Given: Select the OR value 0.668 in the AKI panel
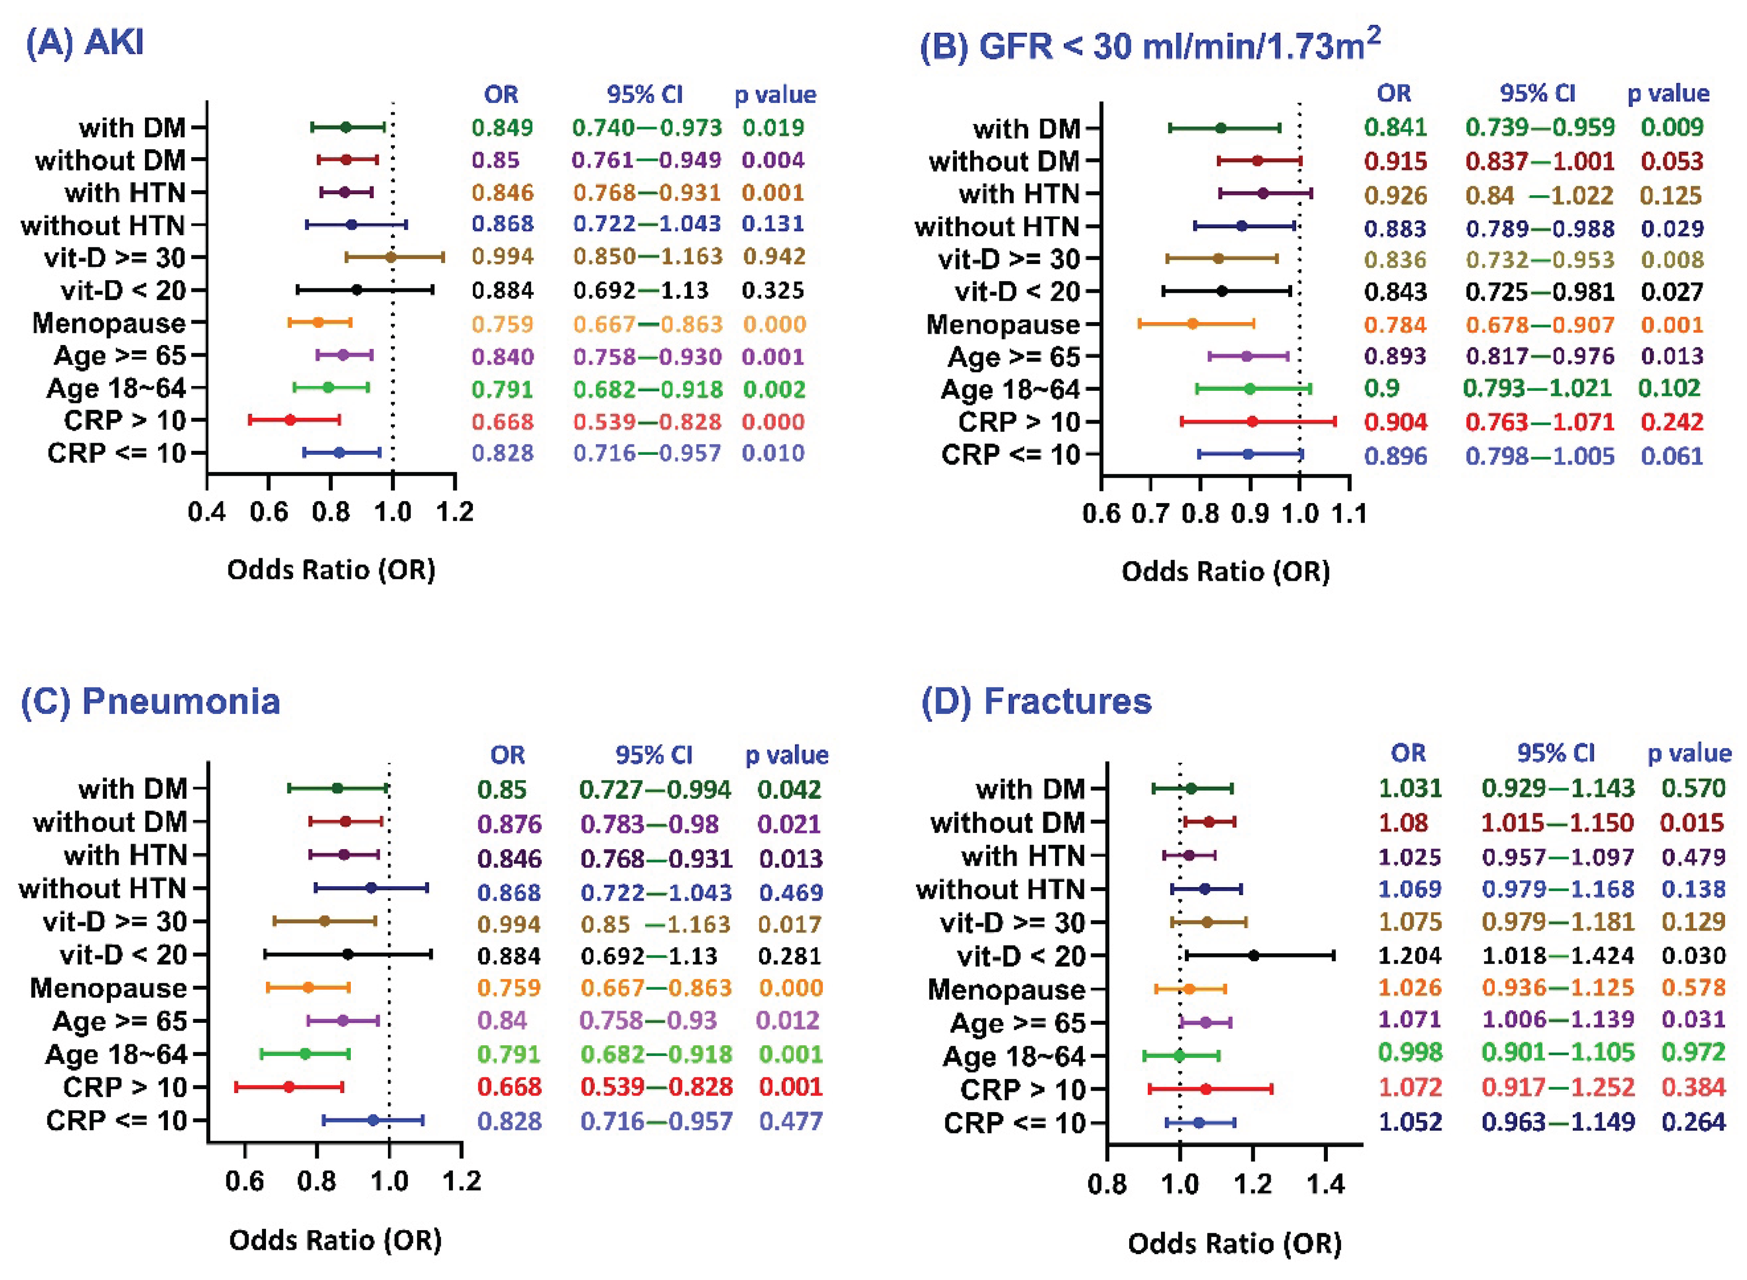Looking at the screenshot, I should point(502,422).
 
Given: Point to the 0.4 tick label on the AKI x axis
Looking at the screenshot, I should point(207,512).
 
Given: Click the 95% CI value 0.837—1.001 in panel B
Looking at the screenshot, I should point(1540,161).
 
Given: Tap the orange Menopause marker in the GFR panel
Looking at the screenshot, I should point(1192,324).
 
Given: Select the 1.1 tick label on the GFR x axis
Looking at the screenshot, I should point(1349,514).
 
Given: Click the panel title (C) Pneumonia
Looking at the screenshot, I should point(150,701).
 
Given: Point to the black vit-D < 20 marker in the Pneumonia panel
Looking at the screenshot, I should point(348,955).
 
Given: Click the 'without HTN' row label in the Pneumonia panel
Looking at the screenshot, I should point(102,888).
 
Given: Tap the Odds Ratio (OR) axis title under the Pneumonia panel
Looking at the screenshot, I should point(335,1240).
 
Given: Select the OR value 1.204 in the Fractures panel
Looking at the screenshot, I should point(1409,955).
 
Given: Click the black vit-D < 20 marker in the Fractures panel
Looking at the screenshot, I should point(1254,956).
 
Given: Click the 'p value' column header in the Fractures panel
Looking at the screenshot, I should point(1689,753).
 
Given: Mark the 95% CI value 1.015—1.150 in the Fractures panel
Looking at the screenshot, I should point(1557,822).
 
